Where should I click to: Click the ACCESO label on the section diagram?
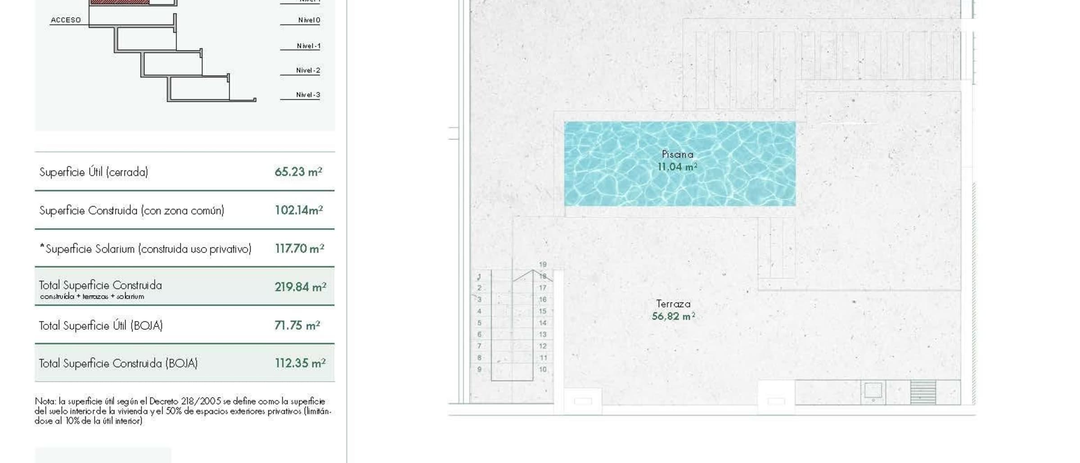coord(66,20)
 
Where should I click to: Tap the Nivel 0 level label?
coord(309,20)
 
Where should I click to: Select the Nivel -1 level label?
coord(309,46)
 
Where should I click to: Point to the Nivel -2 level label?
coord(308,70)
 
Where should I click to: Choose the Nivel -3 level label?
coord(308,94)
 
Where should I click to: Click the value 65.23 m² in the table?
coord(298,172)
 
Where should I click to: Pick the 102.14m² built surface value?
coord(299,210)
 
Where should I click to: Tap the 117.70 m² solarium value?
coord(299,248)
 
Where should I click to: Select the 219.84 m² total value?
coord(300,287)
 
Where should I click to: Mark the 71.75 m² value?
coord(297,325)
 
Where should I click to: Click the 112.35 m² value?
coord(300,363)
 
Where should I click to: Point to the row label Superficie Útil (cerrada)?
coord(94,172)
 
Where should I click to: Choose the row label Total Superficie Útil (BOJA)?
coord(101,325)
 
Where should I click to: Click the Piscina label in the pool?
coord(678,154)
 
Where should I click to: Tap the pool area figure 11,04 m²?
coord(678,167)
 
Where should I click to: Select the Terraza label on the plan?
coord(673,304)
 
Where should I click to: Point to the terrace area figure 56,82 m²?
coord(674,316)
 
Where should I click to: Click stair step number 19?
coord(543,265)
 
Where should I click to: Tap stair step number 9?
coord(479,369)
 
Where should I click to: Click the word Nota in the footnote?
coord(45,401)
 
